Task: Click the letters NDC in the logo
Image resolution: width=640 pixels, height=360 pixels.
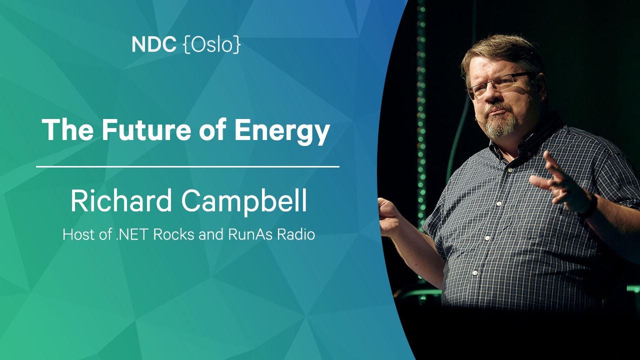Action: [153, 44]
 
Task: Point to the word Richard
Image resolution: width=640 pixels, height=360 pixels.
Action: [121, 200]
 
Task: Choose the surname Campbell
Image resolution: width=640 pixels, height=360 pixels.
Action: [244, 201]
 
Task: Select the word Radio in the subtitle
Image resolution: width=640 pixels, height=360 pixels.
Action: [296, 234]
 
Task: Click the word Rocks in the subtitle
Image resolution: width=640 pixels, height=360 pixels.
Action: [173, 234]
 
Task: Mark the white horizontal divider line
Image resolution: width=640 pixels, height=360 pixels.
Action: [187, 166]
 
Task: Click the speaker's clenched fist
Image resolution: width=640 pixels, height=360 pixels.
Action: [388, 217]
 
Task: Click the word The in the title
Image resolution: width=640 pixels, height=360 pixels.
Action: [67, 129]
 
